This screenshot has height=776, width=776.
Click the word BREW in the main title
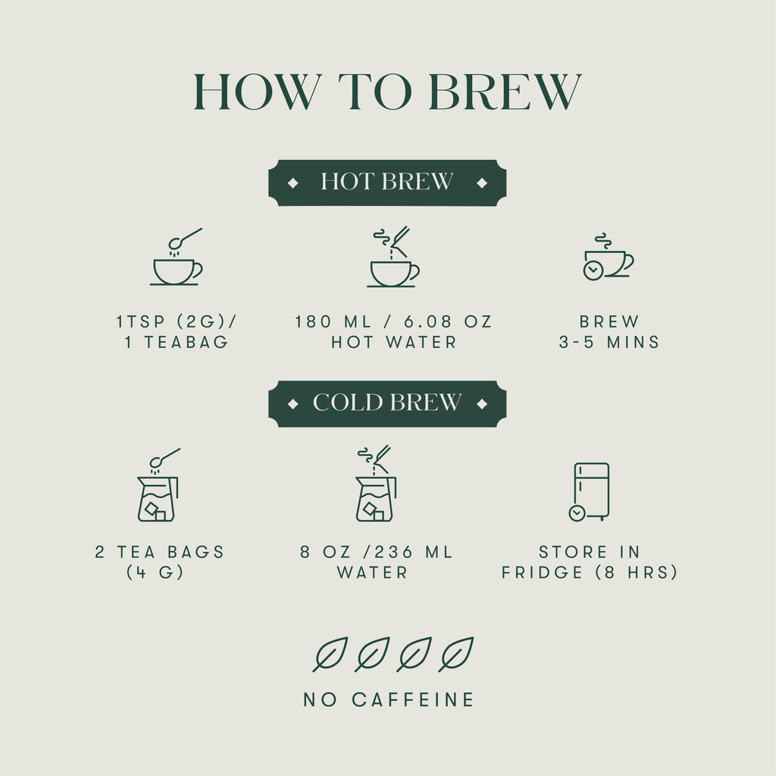tap(505, 92)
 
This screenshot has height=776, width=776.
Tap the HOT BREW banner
tap(387, 183)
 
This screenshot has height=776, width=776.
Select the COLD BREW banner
tap(387, 403)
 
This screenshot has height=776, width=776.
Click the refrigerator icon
tap(590, 491)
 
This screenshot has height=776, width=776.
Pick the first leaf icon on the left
tap(330, 654)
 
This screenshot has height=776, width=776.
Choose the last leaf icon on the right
tap(456, 654)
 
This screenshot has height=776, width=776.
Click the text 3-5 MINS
tap(609, 343)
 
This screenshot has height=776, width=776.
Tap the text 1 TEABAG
tap(177, 343)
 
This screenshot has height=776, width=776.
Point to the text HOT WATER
tap(394, 343)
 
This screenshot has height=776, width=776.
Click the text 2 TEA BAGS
tap(160, 552)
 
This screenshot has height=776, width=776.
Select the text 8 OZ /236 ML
tap(377, 552)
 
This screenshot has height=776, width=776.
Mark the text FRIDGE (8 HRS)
tap(590, 573)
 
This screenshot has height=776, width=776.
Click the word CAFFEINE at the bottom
tap(413, 699)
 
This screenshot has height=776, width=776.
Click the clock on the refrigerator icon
tap(577, 513)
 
